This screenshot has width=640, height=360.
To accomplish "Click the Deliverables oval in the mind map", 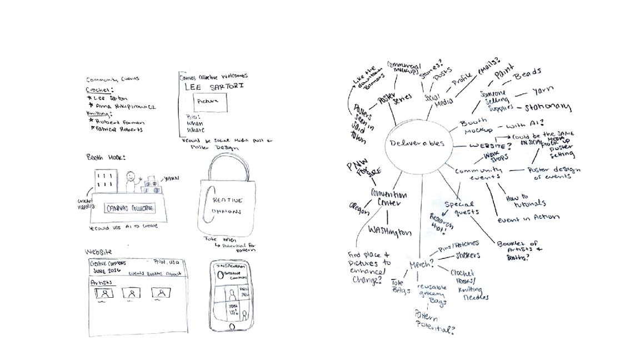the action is (417, 143).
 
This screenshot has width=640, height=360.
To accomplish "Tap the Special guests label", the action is (461, 208).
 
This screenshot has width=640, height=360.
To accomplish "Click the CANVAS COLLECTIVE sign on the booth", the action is (131, 209).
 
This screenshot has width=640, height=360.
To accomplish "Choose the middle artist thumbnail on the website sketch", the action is (131, 293).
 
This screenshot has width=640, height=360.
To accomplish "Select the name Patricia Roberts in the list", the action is (118, 129).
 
